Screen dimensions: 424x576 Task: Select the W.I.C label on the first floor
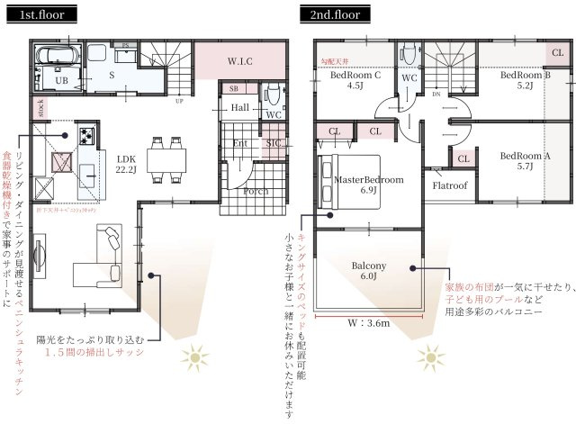point(239,61)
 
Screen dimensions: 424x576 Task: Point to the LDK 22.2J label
point(125,163)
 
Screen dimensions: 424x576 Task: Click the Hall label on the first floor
point(239,108)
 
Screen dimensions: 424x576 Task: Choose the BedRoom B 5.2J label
point(526,81)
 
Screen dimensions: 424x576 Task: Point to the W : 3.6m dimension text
point(368,321)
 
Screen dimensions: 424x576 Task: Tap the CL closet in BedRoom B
point(557,52)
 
